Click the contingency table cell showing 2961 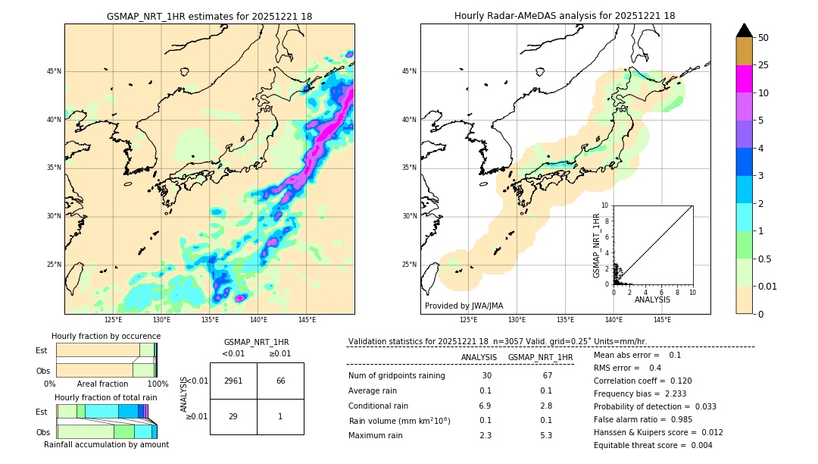point(233,381)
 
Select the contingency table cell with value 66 point(280,381)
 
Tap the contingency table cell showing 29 point(233,416)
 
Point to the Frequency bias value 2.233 point(665,393)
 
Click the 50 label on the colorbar point(763,37)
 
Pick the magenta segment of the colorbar point(744,79)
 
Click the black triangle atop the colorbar point(744,30)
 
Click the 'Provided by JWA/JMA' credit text point(464,306)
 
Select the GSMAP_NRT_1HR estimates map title point(209,16)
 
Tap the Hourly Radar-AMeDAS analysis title point(565,16)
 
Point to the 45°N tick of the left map point(54,71)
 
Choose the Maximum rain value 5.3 point(545,435)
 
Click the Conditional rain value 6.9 point(485,406)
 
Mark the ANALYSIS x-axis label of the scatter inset point(652,299)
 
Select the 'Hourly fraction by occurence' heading point(106,336)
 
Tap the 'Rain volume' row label point(399,421)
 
